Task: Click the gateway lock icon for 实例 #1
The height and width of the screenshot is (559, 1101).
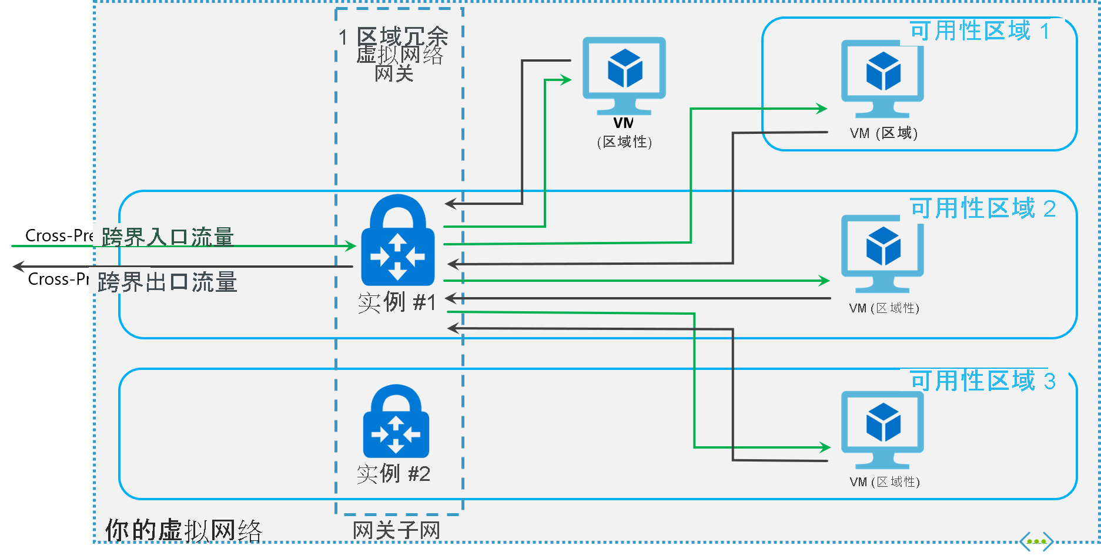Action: click(x=397, y=241)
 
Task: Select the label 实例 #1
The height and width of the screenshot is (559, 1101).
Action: click(x=397, y=302)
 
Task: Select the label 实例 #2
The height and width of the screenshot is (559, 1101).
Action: click(x=393, y=473)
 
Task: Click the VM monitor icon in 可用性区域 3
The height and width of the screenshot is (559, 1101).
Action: click(x=882, y=429)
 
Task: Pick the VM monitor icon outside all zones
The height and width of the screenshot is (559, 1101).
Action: click(x=624, y=76)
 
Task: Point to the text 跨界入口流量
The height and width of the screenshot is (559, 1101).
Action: click(x=168, y=237)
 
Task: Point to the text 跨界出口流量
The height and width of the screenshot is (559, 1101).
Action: click(x=167, y=282)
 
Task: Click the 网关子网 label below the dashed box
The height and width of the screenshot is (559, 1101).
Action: click(x=396, y=531)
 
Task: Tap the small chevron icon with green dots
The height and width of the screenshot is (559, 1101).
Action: click(x=1036, y=542)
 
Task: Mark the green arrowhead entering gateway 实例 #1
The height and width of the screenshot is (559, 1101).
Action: click(x=351, y=246)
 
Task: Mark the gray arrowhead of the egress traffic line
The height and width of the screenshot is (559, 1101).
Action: click(x=18, y=267)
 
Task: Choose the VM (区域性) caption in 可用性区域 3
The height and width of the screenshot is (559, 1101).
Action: click(x=884, y=482)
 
